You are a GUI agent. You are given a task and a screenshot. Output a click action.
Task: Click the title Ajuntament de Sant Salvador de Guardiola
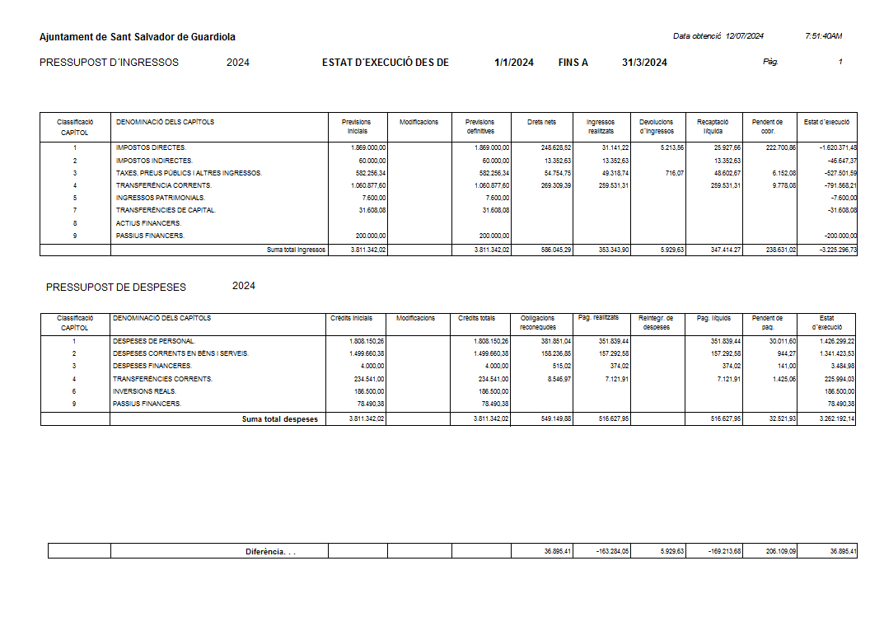coord(137,37)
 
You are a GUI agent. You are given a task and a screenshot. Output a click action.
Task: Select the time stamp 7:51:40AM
coord(823,36)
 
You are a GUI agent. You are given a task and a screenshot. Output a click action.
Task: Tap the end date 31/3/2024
coord(644,63)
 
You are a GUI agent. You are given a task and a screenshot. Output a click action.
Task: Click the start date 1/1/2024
coord(514,63)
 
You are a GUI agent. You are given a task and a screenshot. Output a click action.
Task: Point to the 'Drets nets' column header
coord(541,122)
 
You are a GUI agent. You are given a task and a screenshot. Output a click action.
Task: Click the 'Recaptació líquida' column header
coord(713,126)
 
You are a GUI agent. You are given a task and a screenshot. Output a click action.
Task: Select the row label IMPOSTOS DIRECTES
coord(151,147)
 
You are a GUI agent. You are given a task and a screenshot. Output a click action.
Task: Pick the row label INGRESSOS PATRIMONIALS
coord(160,198)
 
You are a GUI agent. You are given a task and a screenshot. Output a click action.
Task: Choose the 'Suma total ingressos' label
coord(296,250)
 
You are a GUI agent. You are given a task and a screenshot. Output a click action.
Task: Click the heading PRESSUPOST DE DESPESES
coord(116,287)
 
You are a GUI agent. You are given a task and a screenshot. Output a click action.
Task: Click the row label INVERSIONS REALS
coord(144,391)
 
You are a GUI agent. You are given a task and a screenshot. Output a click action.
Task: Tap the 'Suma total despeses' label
coord(279,419)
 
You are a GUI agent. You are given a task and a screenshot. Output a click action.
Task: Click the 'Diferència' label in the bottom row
coord(270,552)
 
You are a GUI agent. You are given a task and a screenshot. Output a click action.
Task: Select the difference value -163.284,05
coord(612,552)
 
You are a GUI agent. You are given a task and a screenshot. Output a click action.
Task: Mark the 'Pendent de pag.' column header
coord(768,322)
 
